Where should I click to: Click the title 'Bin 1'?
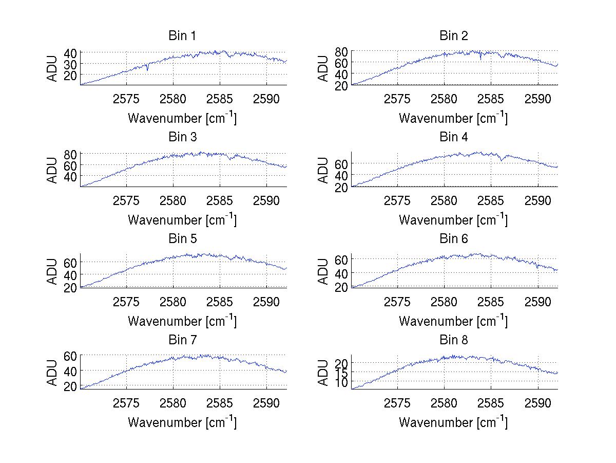[x=182, y=36]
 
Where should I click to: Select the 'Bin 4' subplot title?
[x=454, y=137]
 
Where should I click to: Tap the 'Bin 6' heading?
[x=454, y=238]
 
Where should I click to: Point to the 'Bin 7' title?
[x=182, y=340]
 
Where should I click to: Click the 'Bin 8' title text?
[x=454, y=340]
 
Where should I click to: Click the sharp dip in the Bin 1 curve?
[x=147, y=70]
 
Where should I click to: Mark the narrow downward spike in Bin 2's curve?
[x=480, y=59]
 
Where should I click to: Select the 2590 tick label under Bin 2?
[x=537, y=99]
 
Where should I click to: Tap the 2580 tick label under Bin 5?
[x=173, y=302]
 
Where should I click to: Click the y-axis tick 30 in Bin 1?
[x=70, y=64]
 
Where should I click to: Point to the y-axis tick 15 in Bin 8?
[x=341, y=372]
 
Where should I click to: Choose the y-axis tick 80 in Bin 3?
[x=70, y=154]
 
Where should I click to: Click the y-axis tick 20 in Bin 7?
[x=70, y=386]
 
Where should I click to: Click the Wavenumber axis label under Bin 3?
[x=182, y=219]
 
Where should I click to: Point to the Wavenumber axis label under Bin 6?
[x=454, y=321]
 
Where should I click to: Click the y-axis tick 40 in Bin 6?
[x=341, y=273]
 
